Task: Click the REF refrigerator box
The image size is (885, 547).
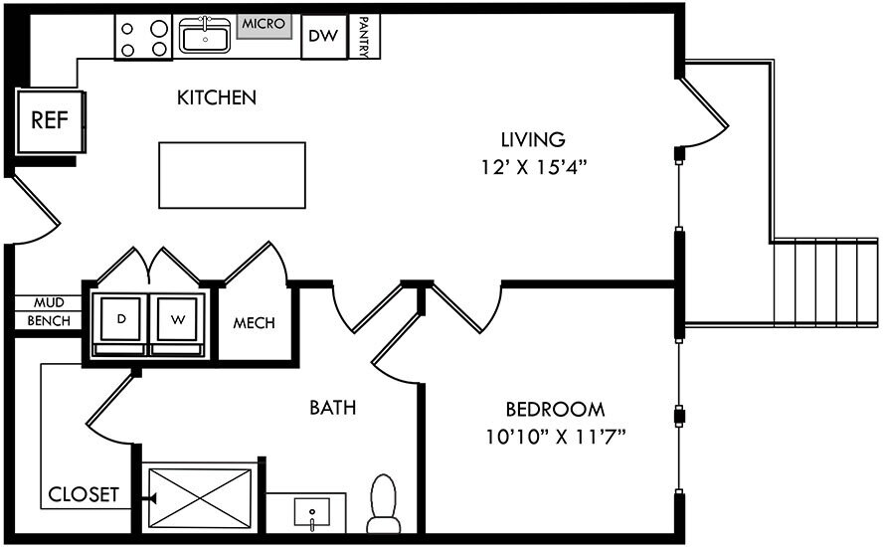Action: pos(51,120)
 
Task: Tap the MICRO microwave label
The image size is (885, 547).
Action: pos(264,24)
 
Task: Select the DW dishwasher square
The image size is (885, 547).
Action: pos(324,36)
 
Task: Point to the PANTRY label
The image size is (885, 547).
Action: pos(365,37)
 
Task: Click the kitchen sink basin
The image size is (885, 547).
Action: pos(205,36)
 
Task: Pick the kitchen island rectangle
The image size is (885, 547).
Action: pos(232,175)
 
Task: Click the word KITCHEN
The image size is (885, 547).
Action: pos(217,97)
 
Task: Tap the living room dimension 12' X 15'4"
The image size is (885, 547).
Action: pos(534,168)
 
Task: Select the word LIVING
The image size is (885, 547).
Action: pos(533,139)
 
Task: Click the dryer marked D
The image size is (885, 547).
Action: pos(120,324)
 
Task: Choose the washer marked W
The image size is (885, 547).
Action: pos(177,324)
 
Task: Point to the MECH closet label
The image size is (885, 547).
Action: pos(254,323)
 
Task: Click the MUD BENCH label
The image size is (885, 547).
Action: pos(49,311)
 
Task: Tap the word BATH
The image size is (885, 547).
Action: pos(333,408)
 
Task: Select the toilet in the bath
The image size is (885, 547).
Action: pos(384,503)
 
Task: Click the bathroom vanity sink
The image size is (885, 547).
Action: pos(311,514)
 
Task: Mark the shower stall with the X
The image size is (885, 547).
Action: pos(200,498)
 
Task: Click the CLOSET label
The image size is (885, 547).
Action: pos(84,494)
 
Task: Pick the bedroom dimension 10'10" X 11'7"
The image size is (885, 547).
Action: pos(556,437)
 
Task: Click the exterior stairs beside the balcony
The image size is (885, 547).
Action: pos(825,282)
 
